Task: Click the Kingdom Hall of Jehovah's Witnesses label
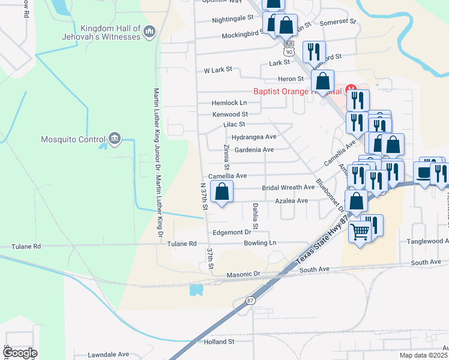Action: pyautogui.click(x=110, y=32)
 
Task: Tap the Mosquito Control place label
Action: pyautogui.click(x=73, y=140)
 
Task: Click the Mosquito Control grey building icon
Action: pyautogui.click(x=115, y=140)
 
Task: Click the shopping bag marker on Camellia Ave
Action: pyautogui.click(x=222, y=193)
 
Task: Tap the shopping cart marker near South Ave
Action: pyautogui.click(x=360, y=231)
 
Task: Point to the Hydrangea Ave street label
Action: pyautogui.click(x=254, y=137)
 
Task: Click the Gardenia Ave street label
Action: pyautogui.click(x=254, y=150)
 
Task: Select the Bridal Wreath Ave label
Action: pyautogui.click(x=288, y=188)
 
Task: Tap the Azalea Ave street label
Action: pyautogui.click(x=292, y=200)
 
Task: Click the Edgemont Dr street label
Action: pyautogui.click(x=231, y=232)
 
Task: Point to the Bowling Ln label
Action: pyautogui.click(x=260, y=243)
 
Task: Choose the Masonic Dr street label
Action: pyautogui.click(x=243, y=275)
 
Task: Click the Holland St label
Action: pyautogui.click(x=218, y=342)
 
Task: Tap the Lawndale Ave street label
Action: pyautogui.click(x=109, y=355)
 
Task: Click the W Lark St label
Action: pyautogui.click(x=218, y=70)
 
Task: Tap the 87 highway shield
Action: pyautogui.click(x=250, y=300)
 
